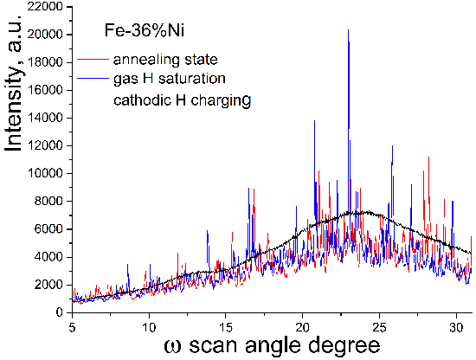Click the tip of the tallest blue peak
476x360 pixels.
[x=348, y=29]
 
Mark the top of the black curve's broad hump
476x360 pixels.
[x=357, y=211]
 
